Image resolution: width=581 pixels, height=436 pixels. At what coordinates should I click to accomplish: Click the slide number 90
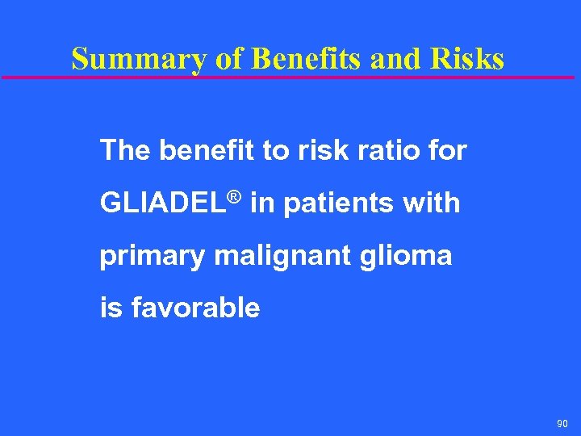pos(562,423)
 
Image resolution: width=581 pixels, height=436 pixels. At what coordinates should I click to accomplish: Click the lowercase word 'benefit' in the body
pos(207,150)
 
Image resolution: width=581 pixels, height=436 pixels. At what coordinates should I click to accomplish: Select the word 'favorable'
pos(194,308)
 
